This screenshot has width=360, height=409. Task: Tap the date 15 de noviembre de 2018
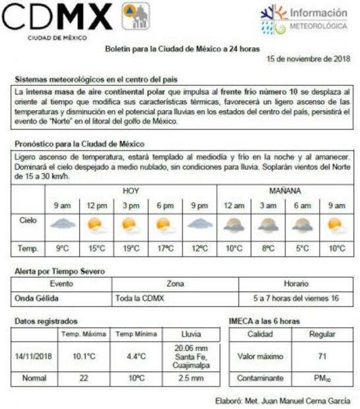[308, 59]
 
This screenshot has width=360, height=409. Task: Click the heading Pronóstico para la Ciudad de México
[79, 144]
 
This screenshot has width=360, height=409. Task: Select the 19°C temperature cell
[131, 249]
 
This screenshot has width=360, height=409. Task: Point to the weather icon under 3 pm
[131, 226]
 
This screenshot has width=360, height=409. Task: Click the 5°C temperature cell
[302, 249]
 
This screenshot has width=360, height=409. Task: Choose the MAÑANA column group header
[285, 191]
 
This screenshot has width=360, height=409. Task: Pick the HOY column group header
[131, 191]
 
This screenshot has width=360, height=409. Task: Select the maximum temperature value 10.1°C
[84, 356]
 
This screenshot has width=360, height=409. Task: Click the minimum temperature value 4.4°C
[136, 356]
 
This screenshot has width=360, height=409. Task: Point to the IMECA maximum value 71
[322, 356]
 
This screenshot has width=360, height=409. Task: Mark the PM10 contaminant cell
[322, 379]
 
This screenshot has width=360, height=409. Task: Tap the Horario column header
[296, 284]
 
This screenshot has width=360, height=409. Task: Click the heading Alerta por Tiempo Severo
[59, 271]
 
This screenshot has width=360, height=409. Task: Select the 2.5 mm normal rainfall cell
[191, 379]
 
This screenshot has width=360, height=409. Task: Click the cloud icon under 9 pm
[199, 225]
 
